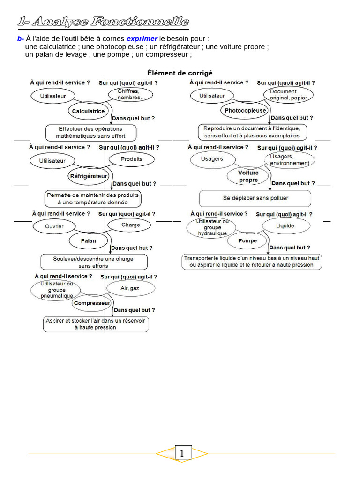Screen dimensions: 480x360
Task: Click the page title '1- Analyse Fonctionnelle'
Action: click(x=103, y=22)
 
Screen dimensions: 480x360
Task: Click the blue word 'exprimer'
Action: click(x=142, y=39)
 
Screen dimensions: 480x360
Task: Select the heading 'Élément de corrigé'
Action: click(x=180, y=73)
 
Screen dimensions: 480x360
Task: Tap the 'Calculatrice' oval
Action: click(x=88, y=112)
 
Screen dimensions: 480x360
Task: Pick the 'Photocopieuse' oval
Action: click(x=245, y=111)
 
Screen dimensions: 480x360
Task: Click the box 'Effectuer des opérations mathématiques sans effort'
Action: click(x=91, y=133)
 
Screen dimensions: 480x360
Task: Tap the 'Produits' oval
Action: click(x=131, y=159)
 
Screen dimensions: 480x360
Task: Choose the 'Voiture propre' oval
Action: click(x=248, y=176)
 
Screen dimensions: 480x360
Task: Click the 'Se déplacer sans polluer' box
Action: click(x=255, y=198)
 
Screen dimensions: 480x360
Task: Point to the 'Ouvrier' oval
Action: click(x=54, y=226)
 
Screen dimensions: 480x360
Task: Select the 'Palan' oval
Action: click(x=89, y=241)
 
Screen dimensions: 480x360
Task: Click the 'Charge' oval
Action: click(x=130, y=225)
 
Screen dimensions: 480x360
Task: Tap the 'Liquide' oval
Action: click(x=285, y=226)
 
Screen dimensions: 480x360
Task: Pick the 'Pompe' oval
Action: click(x=247, y=241)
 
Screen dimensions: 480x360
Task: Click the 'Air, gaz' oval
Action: click(x=130, y=288)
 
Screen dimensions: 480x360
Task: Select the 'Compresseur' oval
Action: click(x=92, y=303)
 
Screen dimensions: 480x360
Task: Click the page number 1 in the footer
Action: click(x=182, y=453)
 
